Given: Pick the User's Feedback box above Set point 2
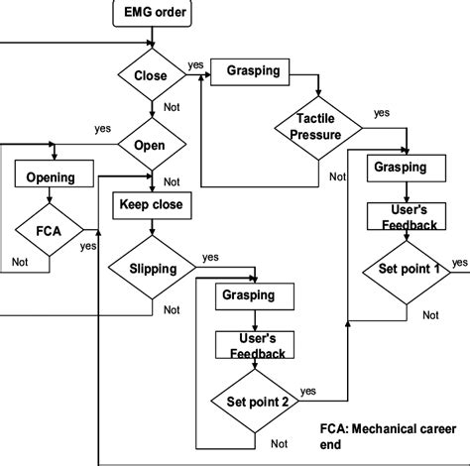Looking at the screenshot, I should pos(252,345).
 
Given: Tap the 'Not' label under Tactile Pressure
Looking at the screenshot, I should pos(338,176).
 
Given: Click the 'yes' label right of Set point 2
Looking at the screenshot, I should pos(308,390).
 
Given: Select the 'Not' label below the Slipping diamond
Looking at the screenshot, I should pos(172,309).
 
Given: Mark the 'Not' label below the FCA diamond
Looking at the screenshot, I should pos(20,262).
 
